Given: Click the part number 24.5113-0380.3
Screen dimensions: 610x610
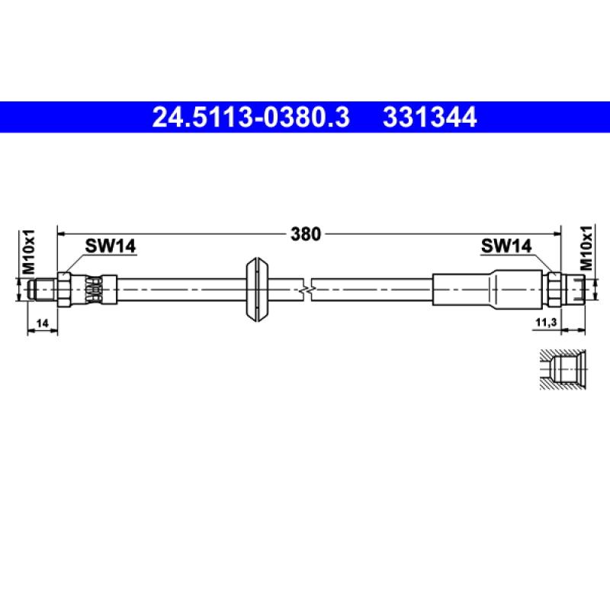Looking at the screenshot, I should click(251, 118).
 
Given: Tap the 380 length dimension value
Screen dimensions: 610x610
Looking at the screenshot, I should click(306, 234).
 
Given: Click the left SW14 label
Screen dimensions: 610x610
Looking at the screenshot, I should click(110, 246).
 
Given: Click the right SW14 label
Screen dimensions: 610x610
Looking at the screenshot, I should click(505, 246).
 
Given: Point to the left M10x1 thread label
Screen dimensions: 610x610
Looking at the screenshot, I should click(29, 252).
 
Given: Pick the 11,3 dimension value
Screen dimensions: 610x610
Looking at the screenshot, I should click(544, 323).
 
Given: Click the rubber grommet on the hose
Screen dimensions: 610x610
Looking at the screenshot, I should click(258, 290).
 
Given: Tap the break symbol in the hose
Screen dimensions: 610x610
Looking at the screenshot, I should click(307, 290).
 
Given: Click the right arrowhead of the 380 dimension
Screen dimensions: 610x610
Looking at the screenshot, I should click(557, 234).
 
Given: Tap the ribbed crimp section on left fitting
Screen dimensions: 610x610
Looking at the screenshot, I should click(93, 290).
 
